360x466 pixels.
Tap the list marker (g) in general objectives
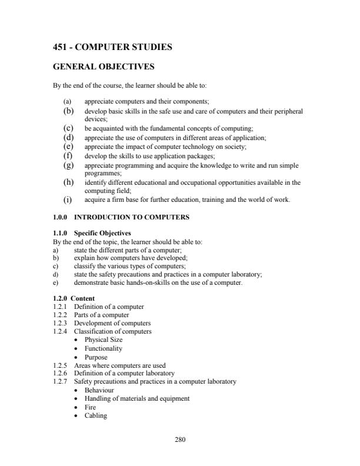coord(68,165)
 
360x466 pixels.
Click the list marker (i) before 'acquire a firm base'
coord(68,199)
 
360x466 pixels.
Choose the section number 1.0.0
coord(61,217)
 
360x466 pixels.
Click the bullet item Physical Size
coord(104,340)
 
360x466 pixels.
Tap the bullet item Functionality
coord(104,348)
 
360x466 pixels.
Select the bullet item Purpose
coord(96,357)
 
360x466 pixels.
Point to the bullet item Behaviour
coord(99,390)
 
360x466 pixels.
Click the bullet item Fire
coord(90,407)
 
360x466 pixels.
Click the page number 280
coord(180,440)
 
